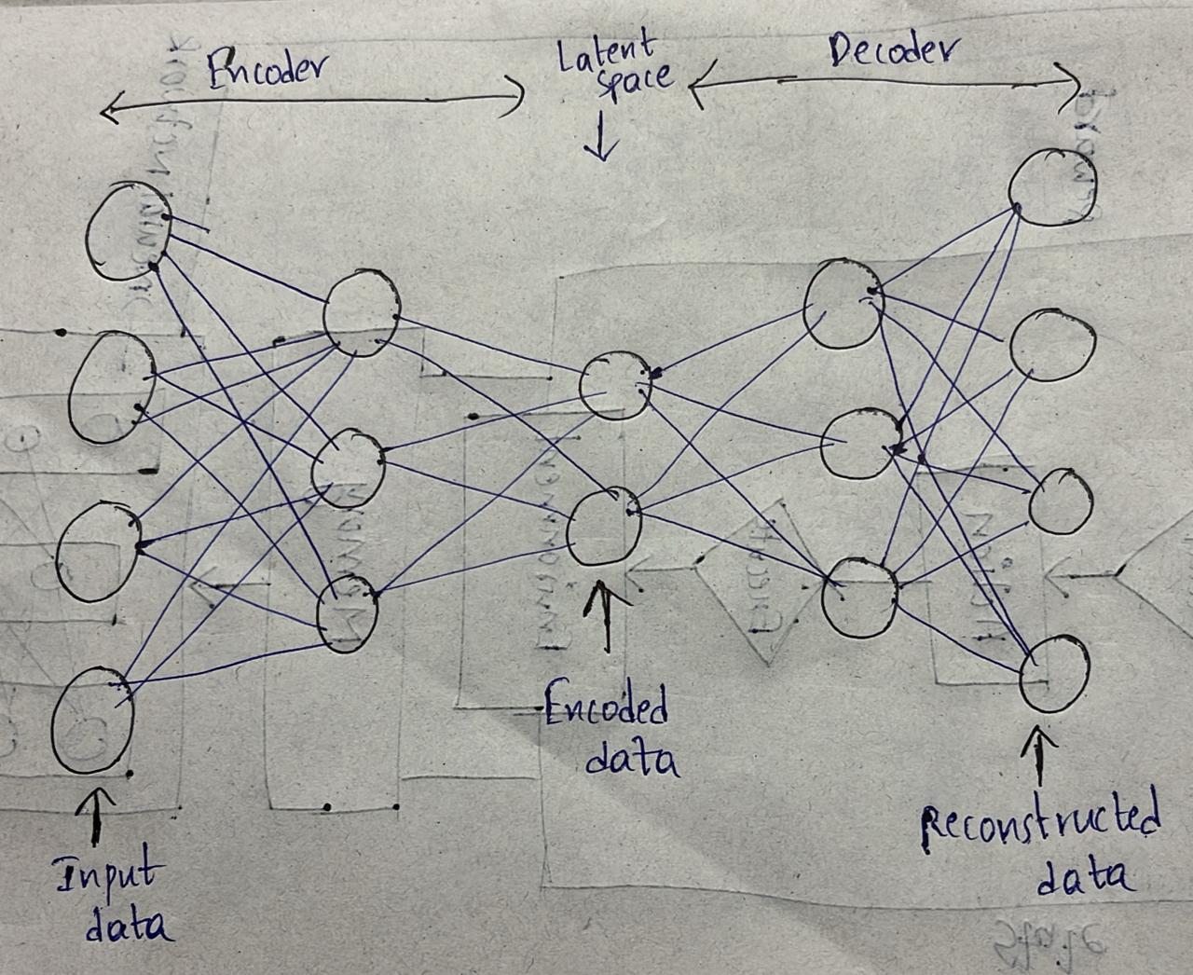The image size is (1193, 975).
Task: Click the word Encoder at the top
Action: pyautogui.click(x=266, y=70)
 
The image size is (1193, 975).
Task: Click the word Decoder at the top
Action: pyautogui.click(x=890, y=51)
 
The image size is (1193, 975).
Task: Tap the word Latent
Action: pyautogui.click(x=607, y=51)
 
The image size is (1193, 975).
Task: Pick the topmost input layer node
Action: pyautogui.click(x=128, y=230)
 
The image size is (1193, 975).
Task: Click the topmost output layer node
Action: pyautogui.click(x=1053, y=186)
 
